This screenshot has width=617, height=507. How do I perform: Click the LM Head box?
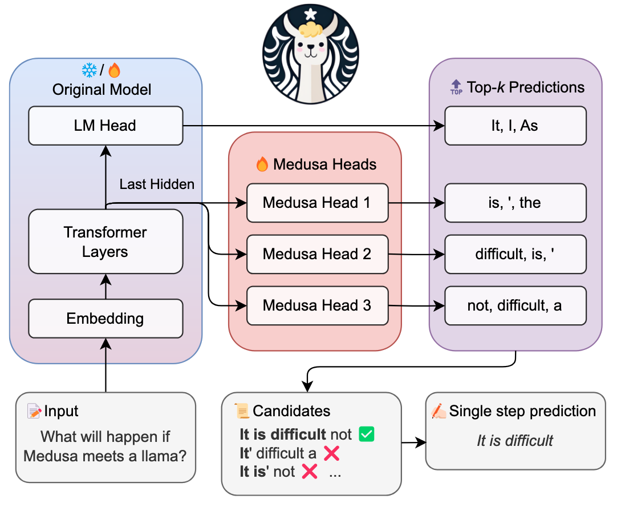click(105, 126)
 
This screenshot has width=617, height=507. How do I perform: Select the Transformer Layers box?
click(105, 242)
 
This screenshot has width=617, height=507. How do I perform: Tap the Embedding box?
click(105, 319)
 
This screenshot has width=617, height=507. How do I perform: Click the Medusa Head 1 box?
click(317, 203)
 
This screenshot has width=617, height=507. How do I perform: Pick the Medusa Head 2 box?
click(317, 254)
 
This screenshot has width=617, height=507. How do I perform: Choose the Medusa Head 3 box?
click(317, 305)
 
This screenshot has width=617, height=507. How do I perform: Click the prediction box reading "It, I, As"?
click(515, 126)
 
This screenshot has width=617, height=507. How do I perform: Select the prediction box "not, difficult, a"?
click(515, 305)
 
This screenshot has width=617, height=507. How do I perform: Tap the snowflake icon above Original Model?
click(90, 70)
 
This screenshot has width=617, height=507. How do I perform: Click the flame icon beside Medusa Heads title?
click(262, 164)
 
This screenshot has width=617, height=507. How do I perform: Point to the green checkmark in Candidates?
click(366, 434)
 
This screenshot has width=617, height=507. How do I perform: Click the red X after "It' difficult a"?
click(332, 453)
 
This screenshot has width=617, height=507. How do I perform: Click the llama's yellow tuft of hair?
click(311, 29)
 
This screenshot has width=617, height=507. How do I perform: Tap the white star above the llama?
click(311, 14)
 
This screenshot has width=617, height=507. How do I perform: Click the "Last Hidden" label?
click(157, 184)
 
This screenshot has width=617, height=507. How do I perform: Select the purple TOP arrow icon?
click(456, 87)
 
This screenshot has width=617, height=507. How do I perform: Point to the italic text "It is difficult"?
click(515, 440)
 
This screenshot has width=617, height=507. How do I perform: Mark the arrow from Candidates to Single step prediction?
click(413, 443)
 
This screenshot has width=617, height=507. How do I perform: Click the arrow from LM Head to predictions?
click(314, 126)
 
